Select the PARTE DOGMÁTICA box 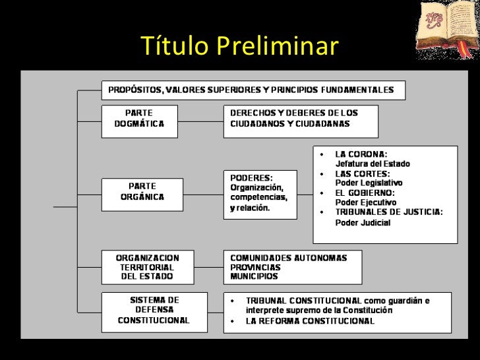140,119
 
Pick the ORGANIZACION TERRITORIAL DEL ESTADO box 147,266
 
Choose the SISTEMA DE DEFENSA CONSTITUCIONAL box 154,310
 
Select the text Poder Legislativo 369,183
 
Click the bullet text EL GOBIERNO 365,193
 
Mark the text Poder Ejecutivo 366,202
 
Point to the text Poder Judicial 363,223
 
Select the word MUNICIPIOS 254,276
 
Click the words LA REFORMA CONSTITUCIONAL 310,322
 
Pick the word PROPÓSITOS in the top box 135,89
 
